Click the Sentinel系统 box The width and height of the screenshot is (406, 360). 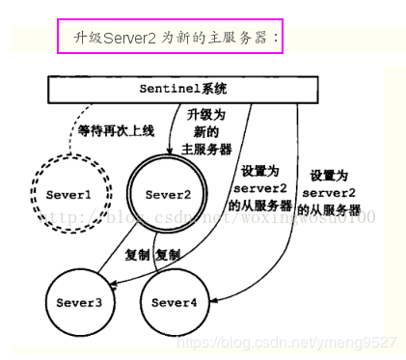[x=182, y=90]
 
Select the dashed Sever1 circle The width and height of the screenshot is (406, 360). [x=68, y=195]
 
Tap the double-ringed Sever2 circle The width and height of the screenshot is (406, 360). [x=168, y=195]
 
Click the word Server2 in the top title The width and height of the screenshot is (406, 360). [x=133, y=38]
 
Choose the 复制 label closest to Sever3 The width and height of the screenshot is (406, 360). [x=138, y=255]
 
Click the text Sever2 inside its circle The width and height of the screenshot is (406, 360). [x=168, y=195]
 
